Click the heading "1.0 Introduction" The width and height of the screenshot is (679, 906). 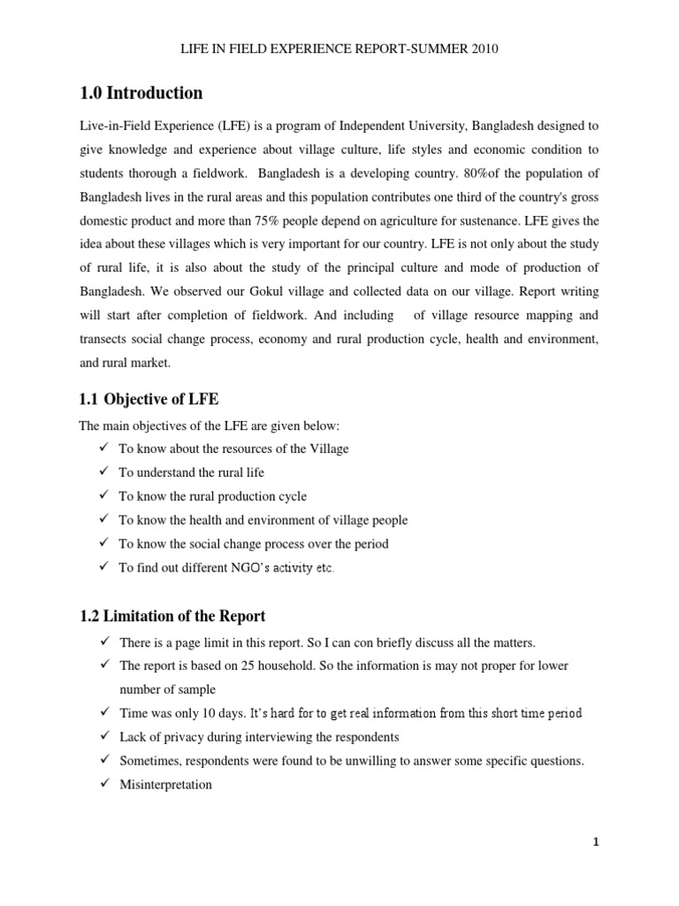tap(141, 93)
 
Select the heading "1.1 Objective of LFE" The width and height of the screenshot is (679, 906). tap(149, 399)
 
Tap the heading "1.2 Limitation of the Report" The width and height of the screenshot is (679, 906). tap(172, 616)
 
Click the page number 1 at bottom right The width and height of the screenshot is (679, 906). tap(596, 842)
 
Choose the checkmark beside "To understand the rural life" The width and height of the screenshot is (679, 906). tap(103, 472)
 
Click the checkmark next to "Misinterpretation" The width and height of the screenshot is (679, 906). tap(103, 784)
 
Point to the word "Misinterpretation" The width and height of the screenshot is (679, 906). tap(165, 784)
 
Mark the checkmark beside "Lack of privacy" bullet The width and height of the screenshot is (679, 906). tap(103, 736)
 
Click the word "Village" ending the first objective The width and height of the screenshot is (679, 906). tap(328, 449)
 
